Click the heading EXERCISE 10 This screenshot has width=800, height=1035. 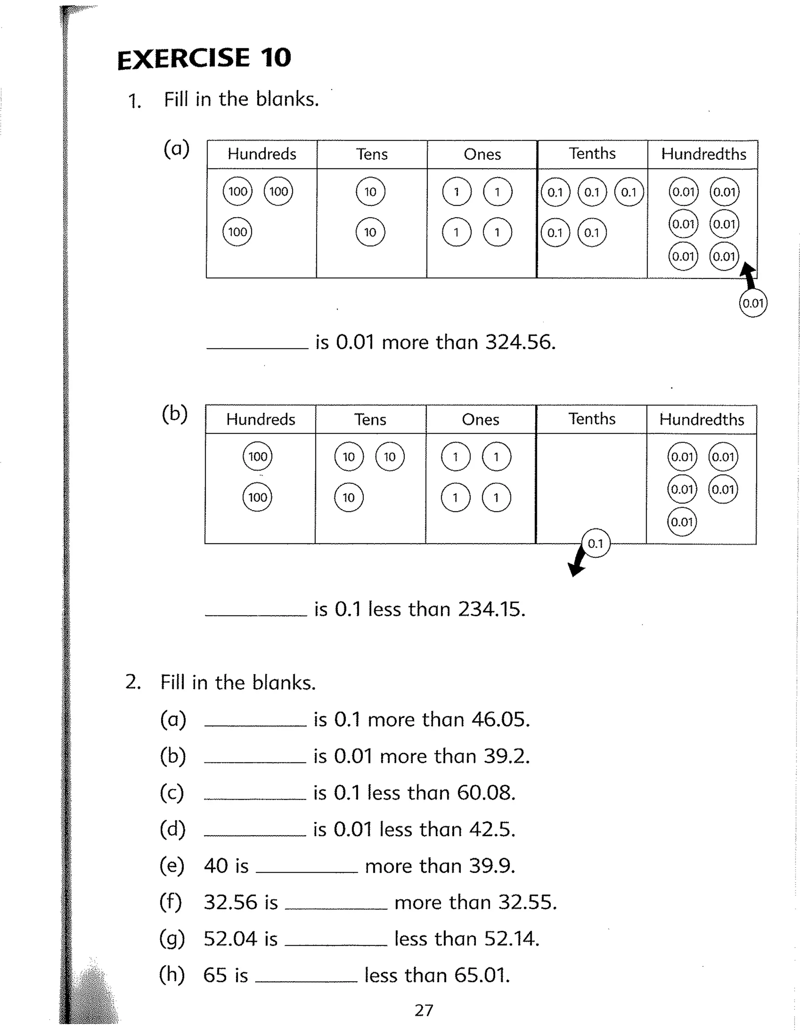(204, 58)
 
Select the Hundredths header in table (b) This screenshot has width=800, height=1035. (702, 419)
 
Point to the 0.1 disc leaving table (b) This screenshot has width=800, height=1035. (595, 544)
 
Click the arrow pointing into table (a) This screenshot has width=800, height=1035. (748, 275)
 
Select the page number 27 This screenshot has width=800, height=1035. (424, 1010)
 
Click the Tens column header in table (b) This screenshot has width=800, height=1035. (370, 419)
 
